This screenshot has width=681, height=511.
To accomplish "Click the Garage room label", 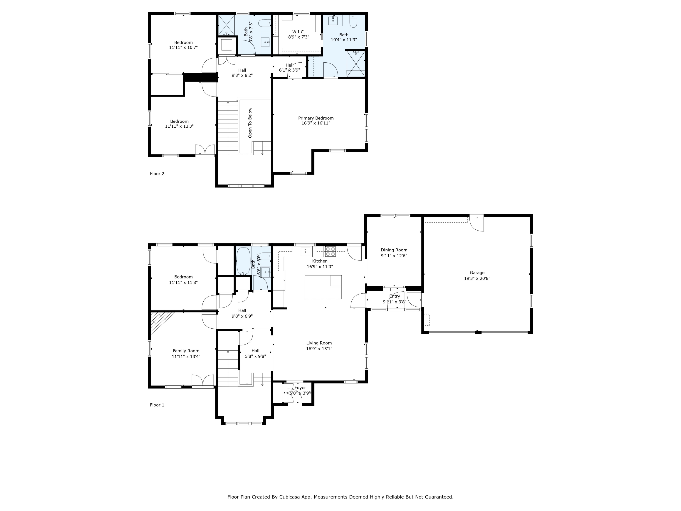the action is [477, 273].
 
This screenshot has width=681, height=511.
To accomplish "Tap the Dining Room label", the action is [394, 250].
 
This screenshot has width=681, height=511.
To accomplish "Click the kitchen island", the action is [323, 287].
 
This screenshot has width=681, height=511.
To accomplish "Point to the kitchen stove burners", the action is [330, 251].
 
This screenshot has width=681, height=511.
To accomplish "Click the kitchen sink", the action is [305, 251].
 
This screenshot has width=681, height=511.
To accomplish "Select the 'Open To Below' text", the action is [250, 123].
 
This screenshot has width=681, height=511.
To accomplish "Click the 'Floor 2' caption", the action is [157, 174].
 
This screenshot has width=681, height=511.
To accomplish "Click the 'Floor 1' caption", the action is [157, 405].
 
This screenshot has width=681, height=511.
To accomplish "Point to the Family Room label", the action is [186, 351].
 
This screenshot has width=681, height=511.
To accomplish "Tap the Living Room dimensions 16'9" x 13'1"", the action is [319, 349].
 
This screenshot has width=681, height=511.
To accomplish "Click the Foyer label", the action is [300, 388].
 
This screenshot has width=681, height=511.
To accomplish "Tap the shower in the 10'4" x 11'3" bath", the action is [356, 64].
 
